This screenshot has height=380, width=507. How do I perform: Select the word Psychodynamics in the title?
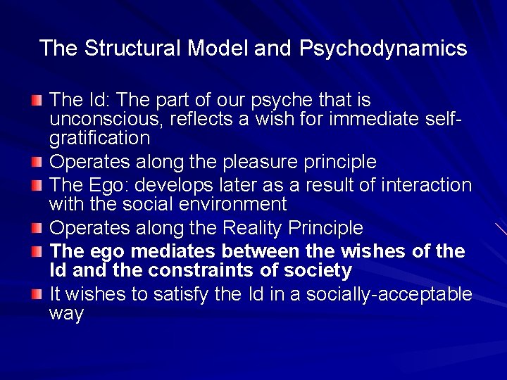[x=383, y=48]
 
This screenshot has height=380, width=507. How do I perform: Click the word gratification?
[x=99, y=137]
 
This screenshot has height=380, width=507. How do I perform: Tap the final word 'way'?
[x=66, y=313]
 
